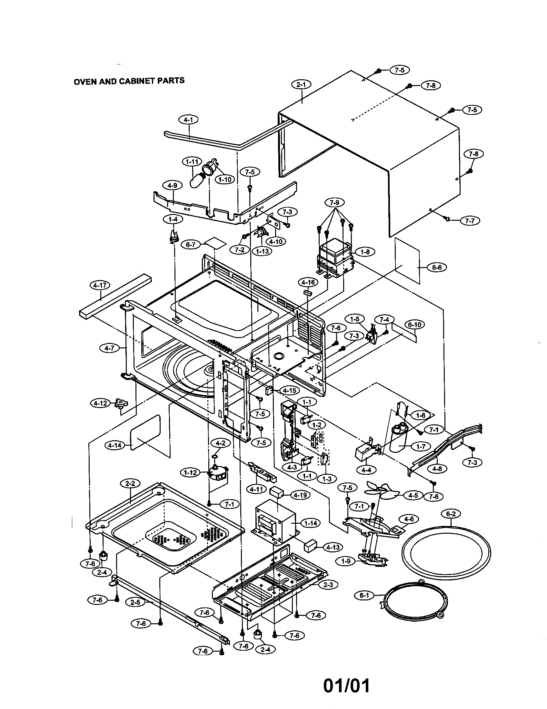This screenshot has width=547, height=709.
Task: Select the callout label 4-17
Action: click(100, 285)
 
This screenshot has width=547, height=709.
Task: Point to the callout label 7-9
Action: click(334, 203)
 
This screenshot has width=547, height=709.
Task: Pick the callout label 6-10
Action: click(414, 325)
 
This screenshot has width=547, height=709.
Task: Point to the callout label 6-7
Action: click(191, 245)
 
